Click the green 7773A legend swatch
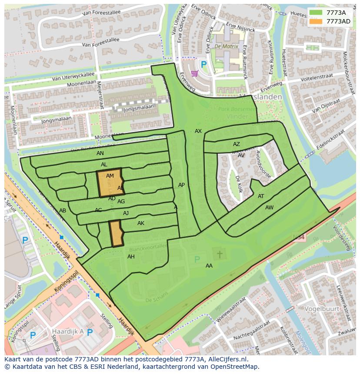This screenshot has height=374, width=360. pyautogui.click(x=316, y=12)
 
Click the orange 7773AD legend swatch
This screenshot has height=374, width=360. pyautogui.click(x=316, y=21)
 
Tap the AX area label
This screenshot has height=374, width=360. pyautogui.click(x=198, y=131)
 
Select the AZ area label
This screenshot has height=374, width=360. pyautogui.click(x=236, y=144)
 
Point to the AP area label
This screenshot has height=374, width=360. pyautogui.click(x=181, y=185)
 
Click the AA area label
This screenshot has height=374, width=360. pyautogui.click(x=209, y=265)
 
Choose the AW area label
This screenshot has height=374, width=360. pyautogui.click(x=269, y=208)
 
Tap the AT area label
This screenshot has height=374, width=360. pyautogui.click(x=261, y=196)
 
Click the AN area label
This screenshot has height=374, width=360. pyautogui.click(x=100, y=153)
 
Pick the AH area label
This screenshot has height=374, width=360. pyautogui.click(x=131, y=257)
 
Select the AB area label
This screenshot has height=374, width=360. pyautogui.click(x=63, y=211)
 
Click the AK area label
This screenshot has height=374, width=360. pyautogui.click(x=140, y=223)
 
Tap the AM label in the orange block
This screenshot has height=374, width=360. pyautogui.click(x=110, y=176)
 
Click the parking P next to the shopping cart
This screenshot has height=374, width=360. pyautogui.click(x=204, y=64)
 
